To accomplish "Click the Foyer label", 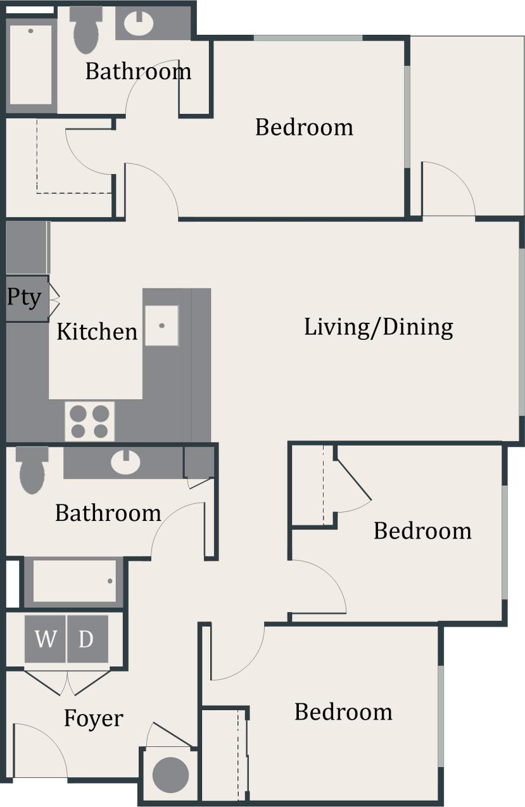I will (93, 718).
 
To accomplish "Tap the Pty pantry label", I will (24, 297).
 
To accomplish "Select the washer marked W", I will (45, 639).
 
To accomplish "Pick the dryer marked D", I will (86, 639).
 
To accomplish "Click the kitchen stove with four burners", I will (89, 422).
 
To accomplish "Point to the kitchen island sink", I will (161, 325).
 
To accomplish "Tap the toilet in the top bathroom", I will (86, 30).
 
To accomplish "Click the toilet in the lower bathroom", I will (32, 470).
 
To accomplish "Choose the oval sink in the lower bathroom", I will (125, 462).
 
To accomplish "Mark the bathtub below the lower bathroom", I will (74, 581).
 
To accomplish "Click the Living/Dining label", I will (379, 327).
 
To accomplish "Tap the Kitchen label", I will (97, 331).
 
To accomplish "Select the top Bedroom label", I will (304, 127).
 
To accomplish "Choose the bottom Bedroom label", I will (343, 712).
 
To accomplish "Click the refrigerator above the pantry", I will (27, 247).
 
